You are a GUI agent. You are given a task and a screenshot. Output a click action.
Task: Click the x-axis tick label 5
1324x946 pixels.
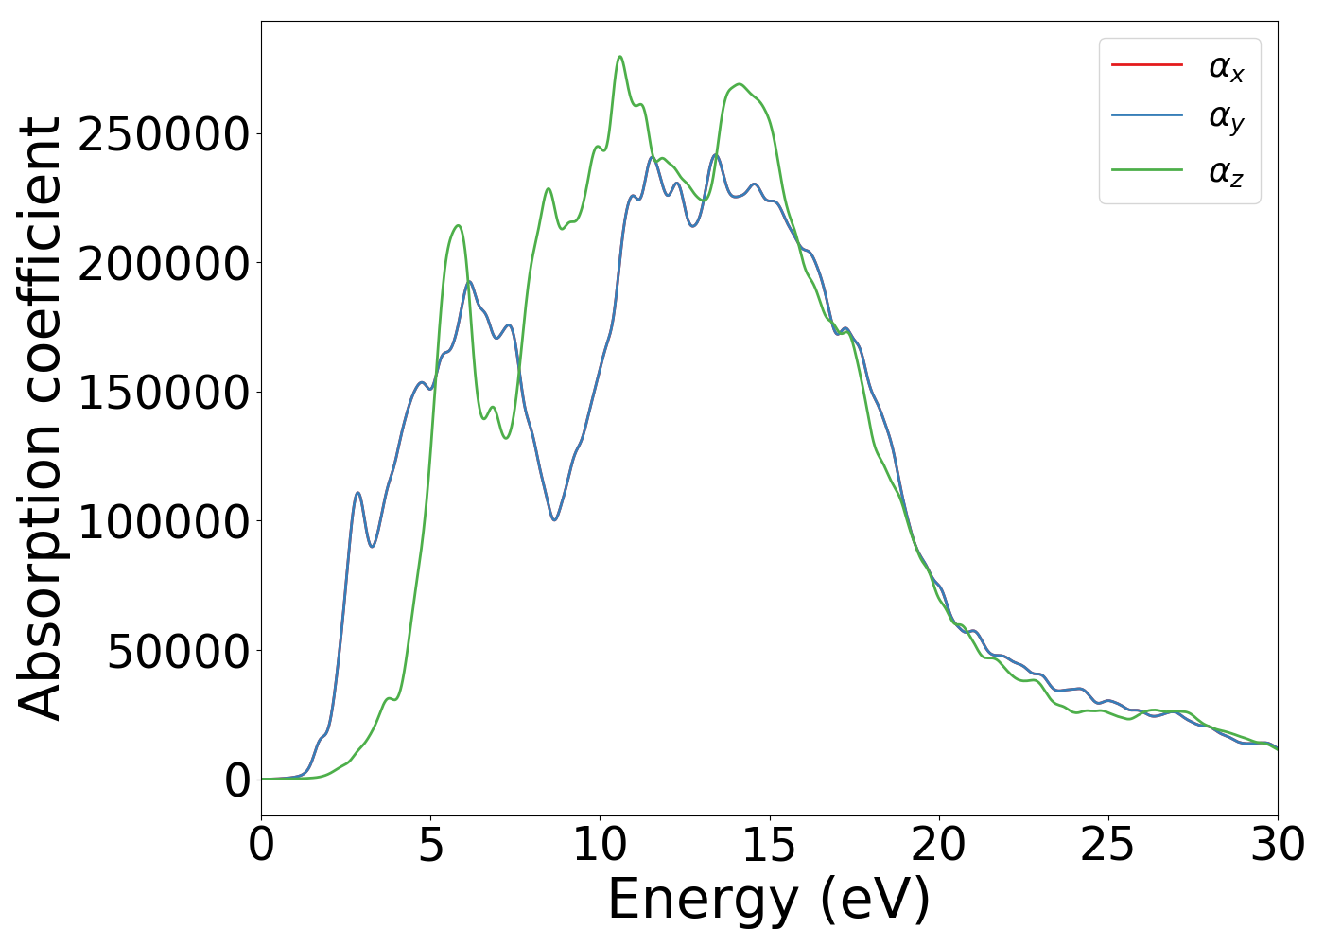click(x=430, y=845)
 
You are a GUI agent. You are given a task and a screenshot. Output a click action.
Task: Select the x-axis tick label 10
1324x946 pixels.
click(x=600, y=845)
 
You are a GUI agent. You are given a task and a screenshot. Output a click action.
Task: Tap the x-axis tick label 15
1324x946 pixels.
click(x=769, y=845)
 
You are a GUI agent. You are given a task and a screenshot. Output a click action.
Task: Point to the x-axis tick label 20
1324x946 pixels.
click(x=939, y=845)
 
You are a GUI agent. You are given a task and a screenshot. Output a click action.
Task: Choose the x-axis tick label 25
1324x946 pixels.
click(x=1107, y=845)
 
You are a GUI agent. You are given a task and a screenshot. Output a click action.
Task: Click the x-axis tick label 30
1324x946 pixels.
click(x=1277, y=845)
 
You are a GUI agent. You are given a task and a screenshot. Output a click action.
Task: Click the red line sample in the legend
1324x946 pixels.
click(x=1146, y=64)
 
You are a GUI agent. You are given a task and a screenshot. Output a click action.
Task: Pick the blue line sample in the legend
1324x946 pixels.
click(x=1146, y=116)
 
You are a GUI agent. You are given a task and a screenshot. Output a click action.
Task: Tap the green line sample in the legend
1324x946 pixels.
click(x=1146, y=169)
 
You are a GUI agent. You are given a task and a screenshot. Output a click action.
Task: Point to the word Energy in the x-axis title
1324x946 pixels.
click(x=699, y=900)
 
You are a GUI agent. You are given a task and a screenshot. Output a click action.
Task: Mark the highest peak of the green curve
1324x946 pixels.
click(x=620, y=57)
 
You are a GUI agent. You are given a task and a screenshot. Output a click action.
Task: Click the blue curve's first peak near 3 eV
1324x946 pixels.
click(x=357, y=493)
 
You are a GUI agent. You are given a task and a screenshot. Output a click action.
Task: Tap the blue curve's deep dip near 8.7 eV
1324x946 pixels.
click(x=555, y=519)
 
